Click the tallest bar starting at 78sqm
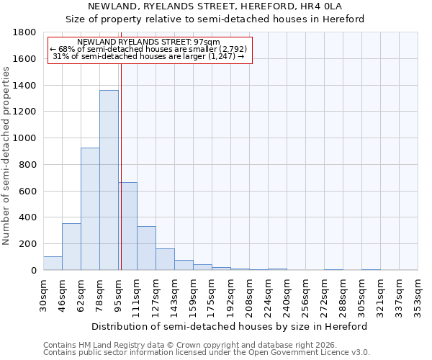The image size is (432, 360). pyautogui.click(x=109, y=180)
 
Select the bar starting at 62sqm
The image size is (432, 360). pyautogui.click(x=90, y=209)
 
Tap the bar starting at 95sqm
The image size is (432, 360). pyautogui.click(x=128, y=226)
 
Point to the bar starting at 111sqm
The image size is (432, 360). pyautogui.click(x=146, y=248)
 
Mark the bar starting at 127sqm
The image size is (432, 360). pyautogui.click(x=165, y=259)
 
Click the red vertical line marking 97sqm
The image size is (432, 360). pyautogui.click(x=121, y=166)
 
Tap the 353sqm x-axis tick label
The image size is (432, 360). pyautogui.click(x=418, y=294)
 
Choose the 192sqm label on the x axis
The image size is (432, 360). pyautogui.click(x=231, y=294)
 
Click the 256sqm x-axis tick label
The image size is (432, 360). pyautogui.click(x=306, y=294)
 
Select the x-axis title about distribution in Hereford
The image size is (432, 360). pyautogui.click(x=230, y=326)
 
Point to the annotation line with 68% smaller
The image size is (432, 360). pyautogui.click(x=150, y=49)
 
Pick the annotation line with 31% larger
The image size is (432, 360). pyautogui.click(x=150, y=56)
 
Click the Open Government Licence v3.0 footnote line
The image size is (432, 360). pyautogui.click(x=207, y=353)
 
